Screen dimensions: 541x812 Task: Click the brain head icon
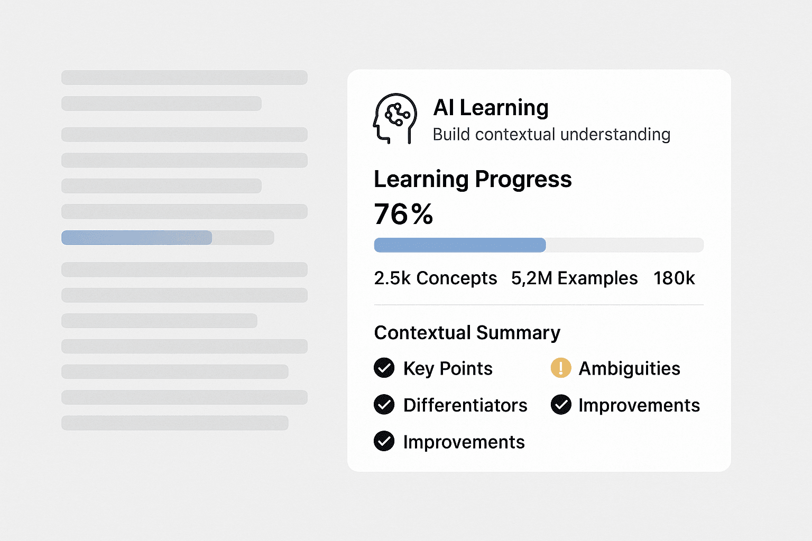click(395, 118)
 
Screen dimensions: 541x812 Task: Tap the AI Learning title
click(491, 108)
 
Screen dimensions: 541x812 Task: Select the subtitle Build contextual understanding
click(551, 135)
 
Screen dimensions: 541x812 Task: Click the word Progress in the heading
click(523, 179)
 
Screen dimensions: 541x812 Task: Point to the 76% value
click(403, 214)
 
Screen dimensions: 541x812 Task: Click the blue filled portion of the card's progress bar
click(459, 245)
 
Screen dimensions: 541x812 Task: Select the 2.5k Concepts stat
click(435, 278)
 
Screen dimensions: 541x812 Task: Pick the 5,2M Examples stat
click(574, 278)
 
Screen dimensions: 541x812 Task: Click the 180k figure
click(674, 278)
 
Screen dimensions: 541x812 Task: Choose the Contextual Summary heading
click(467, 333)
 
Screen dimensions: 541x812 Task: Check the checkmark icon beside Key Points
click(384, 368)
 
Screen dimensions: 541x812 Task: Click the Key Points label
click(448, 368)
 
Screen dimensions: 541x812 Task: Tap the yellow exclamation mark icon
click(561, 368)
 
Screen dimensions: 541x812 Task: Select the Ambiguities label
click(629, 368)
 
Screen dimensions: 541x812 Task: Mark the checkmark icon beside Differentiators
click(384, 405)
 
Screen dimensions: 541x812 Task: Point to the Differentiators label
click(465, 405)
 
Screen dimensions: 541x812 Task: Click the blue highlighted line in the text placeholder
click(137, 238)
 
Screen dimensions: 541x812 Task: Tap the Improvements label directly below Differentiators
click(464, 442)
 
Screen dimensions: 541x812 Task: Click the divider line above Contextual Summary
click(539, 305)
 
